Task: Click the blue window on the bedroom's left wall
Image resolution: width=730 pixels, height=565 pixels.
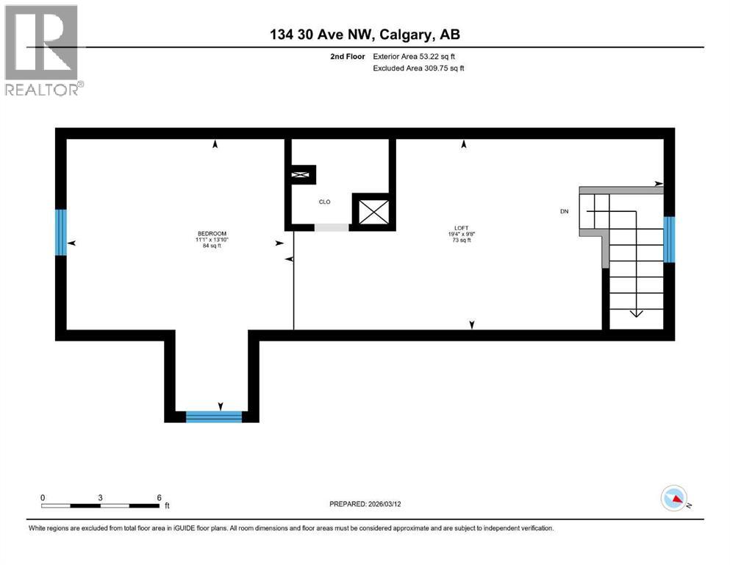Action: point(61,232)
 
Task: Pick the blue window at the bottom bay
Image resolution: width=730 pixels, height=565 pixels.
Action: point(214,416)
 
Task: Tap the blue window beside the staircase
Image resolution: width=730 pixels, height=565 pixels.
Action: point(669,239)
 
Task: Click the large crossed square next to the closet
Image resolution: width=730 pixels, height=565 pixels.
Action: point(374,212)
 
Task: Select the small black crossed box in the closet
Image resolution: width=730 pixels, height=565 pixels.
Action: point(301,175)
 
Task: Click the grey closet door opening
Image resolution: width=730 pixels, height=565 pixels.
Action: point(332,227)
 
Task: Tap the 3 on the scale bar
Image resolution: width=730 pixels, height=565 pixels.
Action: point(100,497)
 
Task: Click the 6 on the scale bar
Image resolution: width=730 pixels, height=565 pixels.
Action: point(159,497)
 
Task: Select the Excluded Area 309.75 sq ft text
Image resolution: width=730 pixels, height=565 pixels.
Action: point(419,68)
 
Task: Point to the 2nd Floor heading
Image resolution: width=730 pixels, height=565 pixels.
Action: point(348,56)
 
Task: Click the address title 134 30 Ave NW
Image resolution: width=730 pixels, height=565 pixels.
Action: point(365,35)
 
